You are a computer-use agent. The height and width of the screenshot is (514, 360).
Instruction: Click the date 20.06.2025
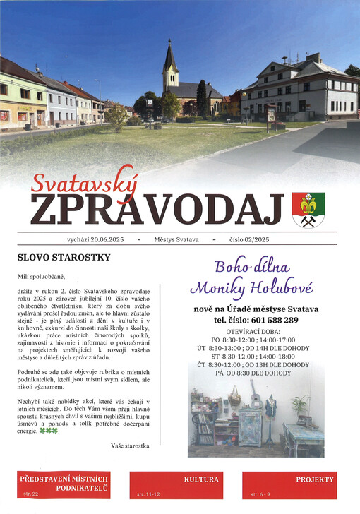[x=107, y=240]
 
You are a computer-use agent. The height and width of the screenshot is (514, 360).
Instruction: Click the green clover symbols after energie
[x=49, y=430]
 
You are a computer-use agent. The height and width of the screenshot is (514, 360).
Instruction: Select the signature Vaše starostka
[x=130, y=446]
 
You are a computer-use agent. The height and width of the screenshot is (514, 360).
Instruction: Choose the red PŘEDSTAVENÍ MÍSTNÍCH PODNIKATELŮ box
[x=63, y=484]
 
